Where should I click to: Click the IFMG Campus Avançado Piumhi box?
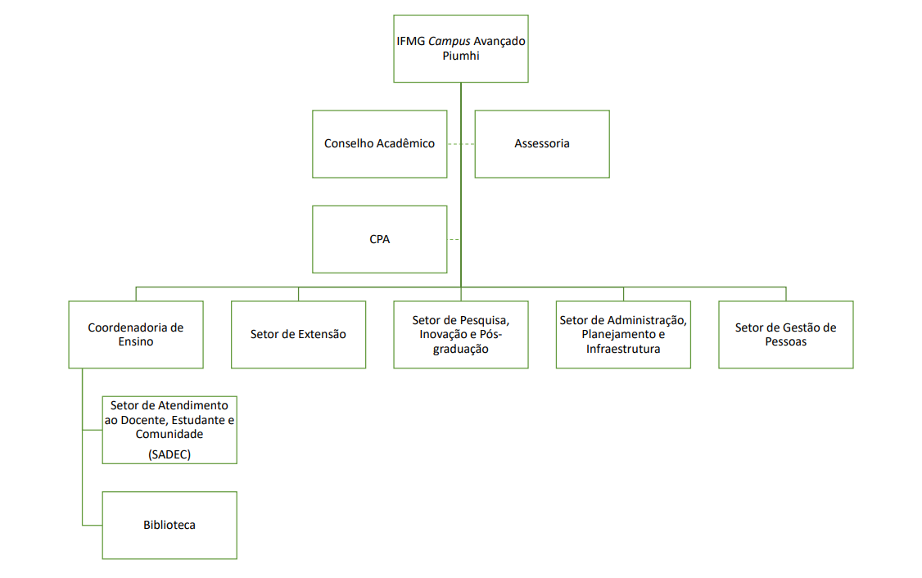click(x=460, y=48)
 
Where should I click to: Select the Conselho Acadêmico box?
click(x=379, y=144)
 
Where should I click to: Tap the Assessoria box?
click(x=542, y=144)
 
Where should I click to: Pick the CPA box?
click(x=379, y=240)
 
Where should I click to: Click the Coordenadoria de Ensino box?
click(x=136, y=334)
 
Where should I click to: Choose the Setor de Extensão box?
click(x=298, y=334)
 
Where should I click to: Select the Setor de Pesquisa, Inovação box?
click(x=461, y=334)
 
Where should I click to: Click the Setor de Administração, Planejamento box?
click(x=623, y=334)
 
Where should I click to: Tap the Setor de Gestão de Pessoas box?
click(x=786, y=334)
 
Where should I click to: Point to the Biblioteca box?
click(x=169, y=525)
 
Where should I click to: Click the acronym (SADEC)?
click(x=169, y=454)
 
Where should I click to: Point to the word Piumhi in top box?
click(x=460, y=56)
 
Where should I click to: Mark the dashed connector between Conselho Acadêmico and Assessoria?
click(x=461, y=144)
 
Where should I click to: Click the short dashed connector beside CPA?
click(x=454, y=240)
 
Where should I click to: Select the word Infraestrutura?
click(x=623, y=350)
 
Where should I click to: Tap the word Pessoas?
click(x=786, y=342)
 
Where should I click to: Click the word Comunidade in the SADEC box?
click(x=169, y=435)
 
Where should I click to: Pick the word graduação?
click(x=461, y=350)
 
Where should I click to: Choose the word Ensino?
click(x=136, y=342)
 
